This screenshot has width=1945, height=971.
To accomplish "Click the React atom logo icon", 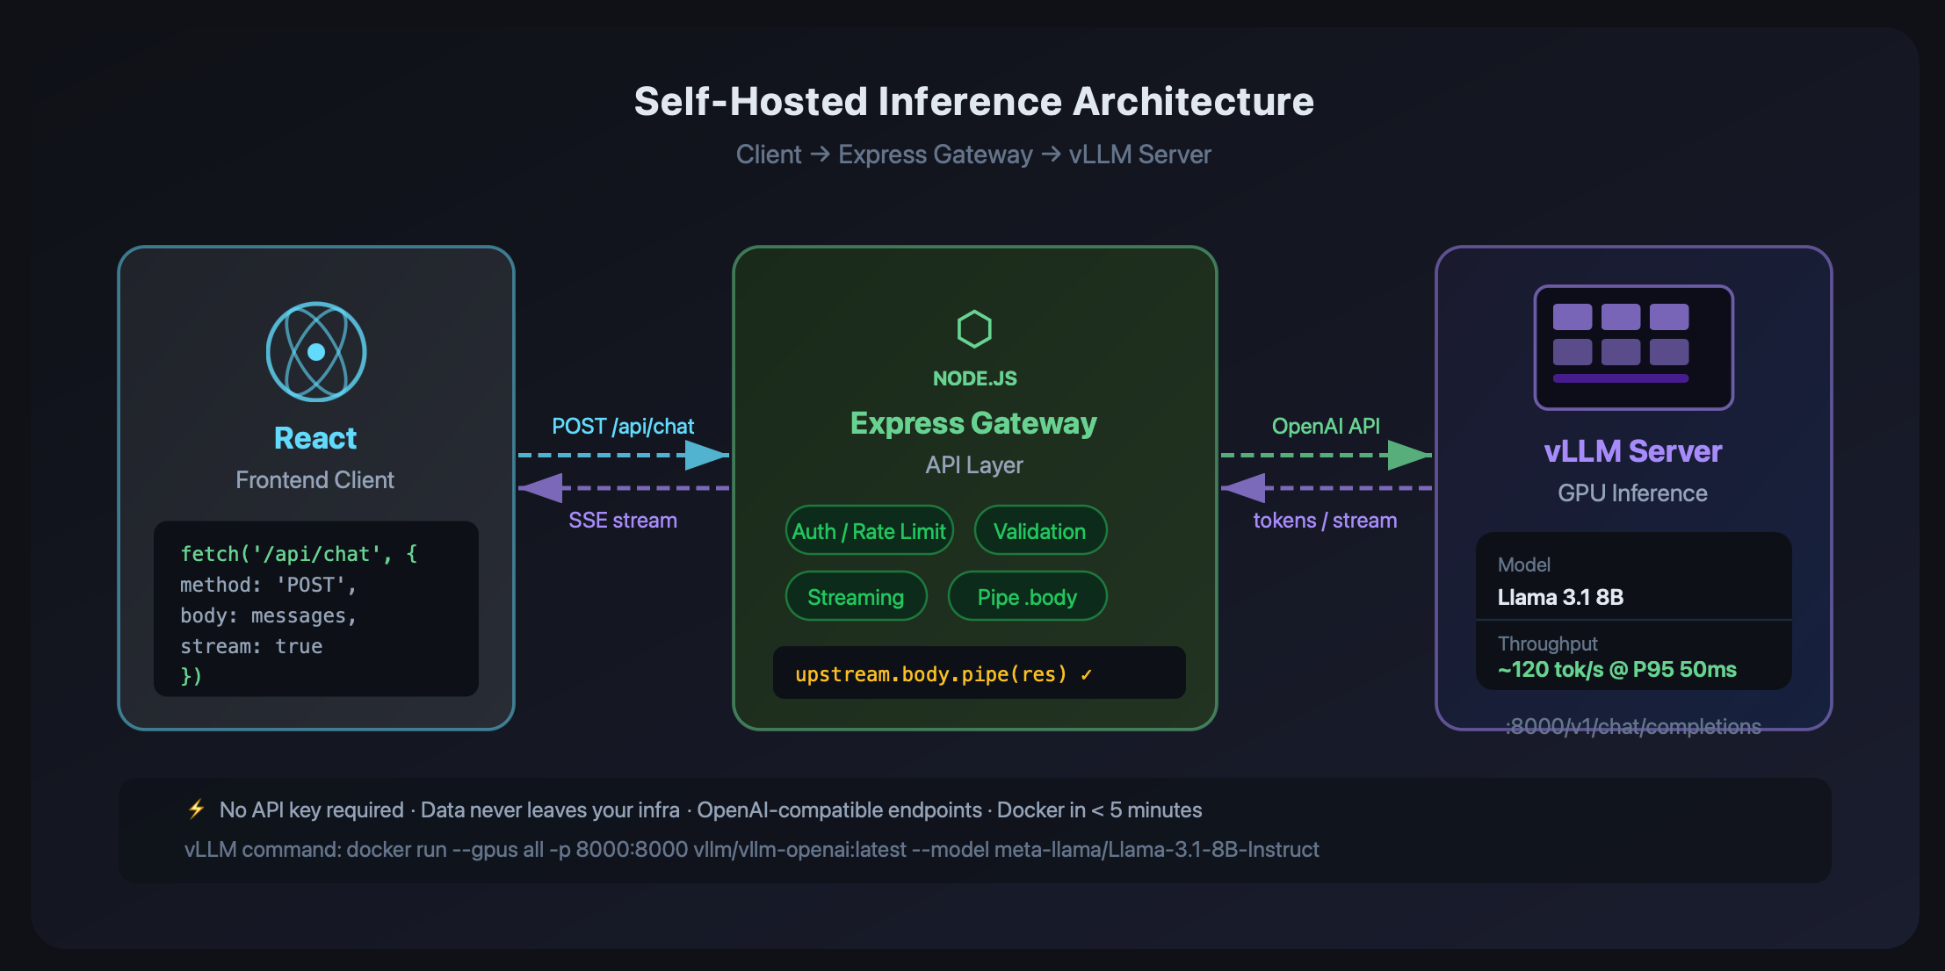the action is [316, 352].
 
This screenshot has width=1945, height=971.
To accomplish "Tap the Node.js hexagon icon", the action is [974, 329].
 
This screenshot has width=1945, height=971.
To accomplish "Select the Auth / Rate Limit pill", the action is [869, 530].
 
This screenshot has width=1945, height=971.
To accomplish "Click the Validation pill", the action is [1040, 530].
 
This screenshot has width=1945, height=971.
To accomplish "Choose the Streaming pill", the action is [856, 596].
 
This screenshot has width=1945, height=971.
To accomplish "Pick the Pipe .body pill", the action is [1027, 596].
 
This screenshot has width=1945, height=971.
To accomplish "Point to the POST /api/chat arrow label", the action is [623, 427].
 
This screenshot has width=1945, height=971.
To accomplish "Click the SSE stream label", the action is [623, 521].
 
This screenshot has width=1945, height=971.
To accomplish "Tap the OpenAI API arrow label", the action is [1326, 427].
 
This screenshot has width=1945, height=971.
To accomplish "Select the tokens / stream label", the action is [1325, 521].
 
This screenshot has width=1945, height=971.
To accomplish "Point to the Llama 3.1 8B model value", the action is [1560, 597].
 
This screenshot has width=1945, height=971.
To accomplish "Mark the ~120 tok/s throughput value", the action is [1616, 670].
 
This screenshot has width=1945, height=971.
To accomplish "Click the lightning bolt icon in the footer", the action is [197, 809].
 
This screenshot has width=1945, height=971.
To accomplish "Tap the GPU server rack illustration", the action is [1633, 348].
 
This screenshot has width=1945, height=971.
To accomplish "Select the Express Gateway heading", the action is [974, 423].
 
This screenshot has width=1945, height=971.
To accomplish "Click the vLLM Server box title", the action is [1633, 451].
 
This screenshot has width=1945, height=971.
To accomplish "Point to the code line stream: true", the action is [251, 646].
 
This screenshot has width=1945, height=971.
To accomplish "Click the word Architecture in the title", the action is [1194, 102].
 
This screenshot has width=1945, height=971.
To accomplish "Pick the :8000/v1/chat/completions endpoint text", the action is [1633, 727].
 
